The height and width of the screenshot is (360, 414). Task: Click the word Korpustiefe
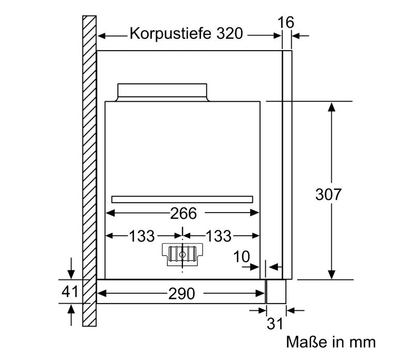click(x=170, y=34)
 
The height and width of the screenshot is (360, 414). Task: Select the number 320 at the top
click(x=229, y=34)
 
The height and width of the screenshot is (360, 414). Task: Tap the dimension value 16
click(x=286, y=22)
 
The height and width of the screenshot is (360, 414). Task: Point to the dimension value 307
click(x=328, y=194)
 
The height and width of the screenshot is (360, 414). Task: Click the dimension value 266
click(x=183, y=213)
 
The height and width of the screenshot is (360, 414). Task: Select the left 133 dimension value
click(x=142, y=236)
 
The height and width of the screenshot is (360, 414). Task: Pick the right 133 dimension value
click(x=219, y=236)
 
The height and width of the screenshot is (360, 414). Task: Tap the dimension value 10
click(x=241, y=257)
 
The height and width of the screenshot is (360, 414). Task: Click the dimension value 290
click(x=181, y=293)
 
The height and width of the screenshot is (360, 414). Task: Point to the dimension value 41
click(x=70, y=292)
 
